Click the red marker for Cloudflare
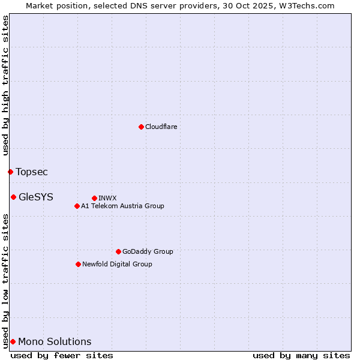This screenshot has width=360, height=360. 141,127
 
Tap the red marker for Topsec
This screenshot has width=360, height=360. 10,172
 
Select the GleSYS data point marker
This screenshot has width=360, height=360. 13,197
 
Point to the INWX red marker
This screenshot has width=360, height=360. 94,198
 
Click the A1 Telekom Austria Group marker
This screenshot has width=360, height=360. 77,206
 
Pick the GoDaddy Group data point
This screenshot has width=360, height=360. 118,251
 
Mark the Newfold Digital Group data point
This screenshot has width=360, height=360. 78,264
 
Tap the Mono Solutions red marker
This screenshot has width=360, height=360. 13,341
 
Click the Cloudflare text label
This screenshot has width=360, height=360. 161,127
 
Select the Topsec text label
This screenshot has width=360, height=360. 32,172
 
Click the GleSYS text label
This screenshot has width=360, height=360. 36,197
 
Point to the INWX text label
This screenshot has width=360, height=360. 107,198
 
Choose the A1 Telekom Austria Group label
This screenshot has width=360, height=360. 122,206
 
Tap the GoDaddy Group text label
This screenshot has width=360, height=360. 148,251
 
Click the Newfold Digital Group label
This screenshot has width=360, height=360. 117,264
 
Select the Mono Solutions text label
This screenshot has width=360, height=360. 55,342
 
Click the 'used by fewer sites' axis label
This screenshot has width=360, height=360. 62,355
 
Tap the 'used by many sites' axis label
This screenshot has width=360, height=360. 301,355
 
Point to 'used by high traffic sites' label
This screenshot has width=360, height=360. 5,85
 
